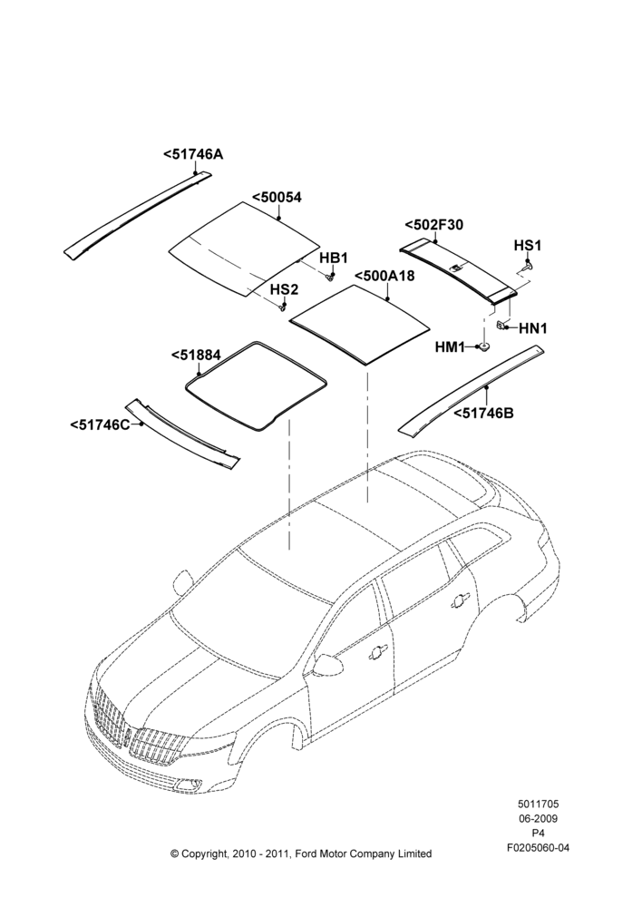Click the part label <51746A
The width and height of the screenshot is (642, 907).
click(193, 154)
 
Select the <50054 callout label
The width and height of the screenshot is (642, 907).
click(277, 197)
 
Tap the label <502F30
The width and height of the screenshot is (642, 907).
click(433, 225)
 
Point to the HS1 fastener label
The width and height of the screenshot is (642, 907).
click(528, 246)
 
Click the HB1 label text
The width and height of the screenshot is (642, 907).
click(333, 258)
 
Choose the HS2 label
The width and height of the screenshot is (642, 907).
click(285, 289)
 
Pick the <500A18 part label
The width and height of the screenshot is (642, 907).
click(384, 276)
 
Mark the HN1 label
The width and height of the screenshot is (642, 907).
click(532, 328)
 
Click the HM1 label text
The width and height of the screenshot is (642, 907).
click(450, 347)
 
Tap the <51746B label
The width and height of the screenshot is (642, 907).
click(483, 413)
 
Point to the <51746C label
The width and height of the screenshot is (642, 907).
click(100, 424)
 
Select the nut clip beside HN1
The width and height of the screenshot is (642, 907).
click(501, 326)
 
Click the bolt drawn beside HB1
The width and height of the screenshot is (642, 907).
click(330, 276)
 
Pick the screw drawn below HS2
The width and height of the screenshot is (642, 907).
click(283, 307)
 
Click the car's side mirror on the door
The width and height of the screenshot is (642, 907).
click(328, 664)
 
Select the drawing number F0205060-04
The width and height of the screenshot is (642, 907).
click(538, 848)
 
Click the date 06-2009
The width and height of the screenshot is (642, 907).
click(538, 818)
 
